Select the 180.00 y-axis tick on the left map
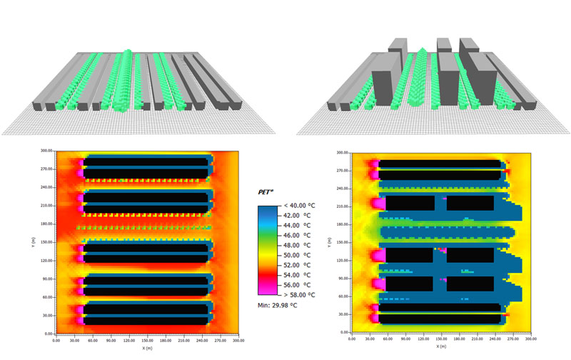pyautogui.click(x=44, y=224)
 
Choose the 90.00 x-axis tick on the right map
pyautogui.click(x=398, y=341)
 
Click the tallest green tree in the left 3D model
pyautogui.click(x=127, y=54)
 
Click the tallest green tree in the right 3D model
pyautogui.click(x=422, y=51)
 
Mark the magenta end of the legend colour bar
pyautogui.click(x=266, y=289)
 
